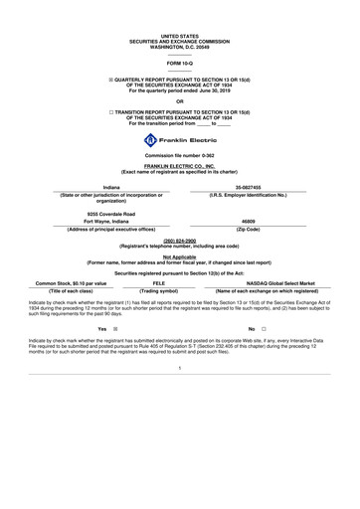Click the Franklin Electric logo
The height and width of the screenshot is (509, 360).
point(179,140)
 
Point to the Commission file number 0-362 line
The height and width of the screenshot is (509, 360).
point(179,157)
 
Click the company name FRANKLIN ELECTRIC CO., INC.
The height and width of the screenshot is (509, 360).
point(179,168)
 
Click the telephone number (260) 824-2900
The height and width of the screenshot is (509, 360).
point(179,240)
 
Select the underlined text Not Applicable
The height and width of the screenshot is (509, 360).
point(179,255)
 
